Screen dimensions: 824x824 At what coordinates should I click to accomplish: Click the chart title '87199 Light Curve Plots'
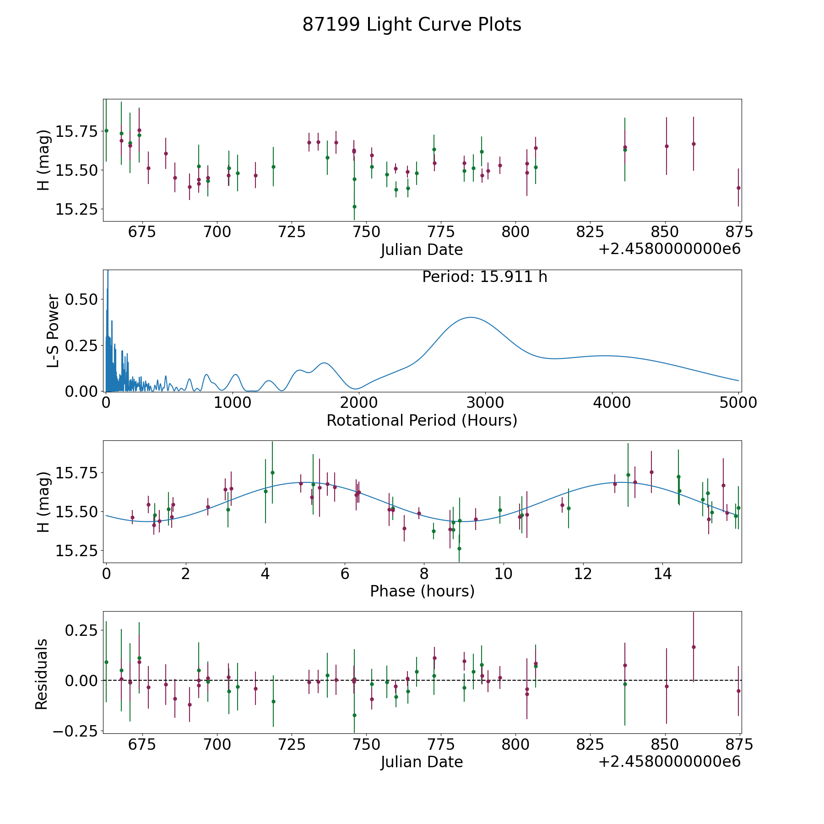click(412, 25)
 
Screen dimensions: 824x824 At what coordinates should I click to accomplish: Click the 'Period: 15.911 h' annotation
click(485, 277)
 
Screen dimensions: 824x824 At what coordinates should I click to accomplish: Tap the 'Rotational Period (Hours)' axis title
click(422, 420)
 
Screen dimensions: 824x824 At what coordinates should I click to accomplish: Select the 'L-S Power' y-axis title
click(53, 331)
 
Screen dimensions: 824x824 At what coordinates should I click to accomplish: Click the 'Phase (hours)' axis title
click(422, 591)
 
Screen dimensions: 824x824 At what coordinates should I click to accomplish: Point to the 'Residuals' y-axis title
click(41, 674)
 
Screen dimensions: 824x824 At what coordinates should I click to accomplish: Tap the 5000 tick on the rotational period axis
click(738, 403)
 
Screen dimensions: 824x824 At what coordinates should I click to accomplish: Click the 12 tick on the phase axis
click(583, 574)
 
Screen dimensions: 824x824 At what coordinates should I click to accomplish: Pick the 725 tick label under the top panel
click(292, 232)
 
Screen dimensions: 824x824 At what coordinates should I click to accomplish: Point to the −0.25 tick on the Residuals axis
click(75, 731)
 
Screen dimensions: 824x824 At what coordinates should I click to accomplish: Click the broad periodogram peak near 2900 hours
click(470, 317)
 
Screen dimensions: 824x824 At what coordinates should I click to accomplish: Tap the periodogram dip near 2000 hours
click(357, 389)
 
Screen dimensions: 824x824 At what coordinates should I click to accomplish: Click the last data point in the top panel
click(738, 188)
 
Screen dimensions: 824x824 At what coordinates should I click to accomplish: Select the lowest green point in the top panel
click(354, 206)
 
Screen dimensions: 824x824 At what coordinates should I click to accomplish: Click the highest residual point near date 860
click(694, 647)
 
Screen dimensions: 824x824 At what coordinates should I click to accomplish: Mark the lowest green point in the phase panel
click(459, 548)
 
